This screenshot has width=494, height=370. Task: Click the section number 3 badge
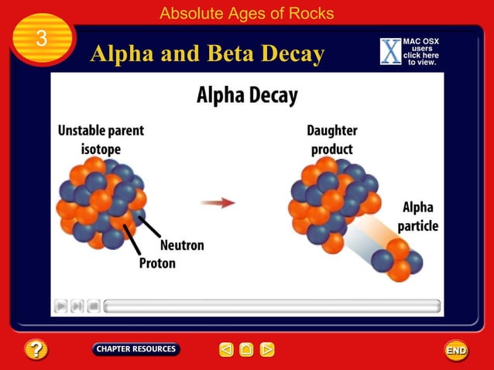point(43,39)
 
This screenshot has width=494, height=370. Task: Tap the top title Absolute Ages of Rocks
point(246,13)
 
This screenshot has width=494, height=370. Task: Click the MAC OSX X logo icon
point(391,51)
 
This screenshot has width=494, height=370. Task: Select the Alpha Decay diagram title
point(246,96)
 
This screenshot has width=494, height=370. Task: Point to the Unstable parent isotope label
point(101,139)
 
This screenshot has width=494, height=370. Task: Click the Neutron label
point(182,245)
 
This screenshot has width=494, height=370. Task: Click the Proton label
point(157,263)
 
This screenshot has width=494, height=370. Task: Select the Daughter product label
point(331,139)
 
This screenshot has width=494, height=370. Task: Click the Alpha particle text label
point(418,217)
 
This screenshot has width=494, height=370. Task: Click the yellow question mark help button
point(36,350)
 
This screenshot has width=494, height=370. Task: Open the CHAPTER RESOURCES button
point(136,349)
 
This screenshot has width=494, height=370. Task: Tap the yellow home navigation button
point(246,350)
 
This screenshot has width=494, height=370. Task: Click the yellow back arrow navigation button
point(226,350)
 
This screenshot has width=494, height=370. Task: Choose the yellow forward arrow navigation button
point(267,350)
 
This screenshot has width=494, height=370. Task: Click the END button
point(456,351)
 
